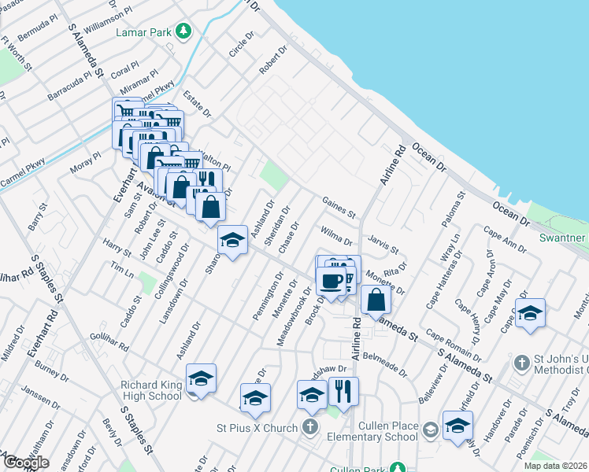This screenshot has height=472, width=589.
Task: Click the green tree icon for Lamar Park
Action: coord(184,31)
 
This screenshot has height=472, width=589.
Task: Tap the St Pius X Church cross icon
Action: coord(311,428)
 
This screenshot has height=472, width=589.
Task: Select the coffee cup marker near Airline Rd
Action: coord(331,282)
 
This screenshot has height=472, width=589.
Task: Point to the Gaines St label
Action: coord(339,208)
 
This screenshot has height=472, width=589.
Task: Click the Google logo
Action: coord(25,462)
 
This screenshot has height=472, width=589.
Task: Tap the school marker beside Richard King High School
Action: coord(201,381)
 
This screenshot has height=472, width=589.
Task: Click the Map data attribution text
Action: coord(554,465)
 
